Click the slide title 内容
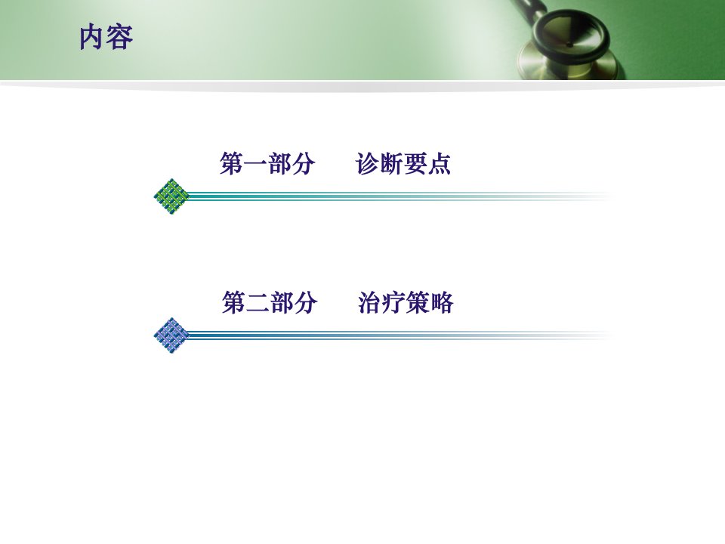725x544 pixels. (x=106, y=38)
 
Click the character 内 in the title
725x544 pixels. (x=92, y=38)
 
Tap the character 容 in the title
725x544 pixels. (x=120, y=38)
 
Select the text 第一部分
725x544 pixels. (x=267, y=163)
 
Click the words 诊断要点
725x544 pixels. (x=403, y=163)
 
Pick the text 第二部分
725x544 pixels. (x=270, y=302)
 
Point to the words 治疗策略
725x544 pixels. (x=406, y=302)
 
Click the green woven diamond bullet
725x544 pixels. (x=171, y=196)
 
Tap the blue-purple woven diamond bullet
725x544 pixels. (x=171, y=335)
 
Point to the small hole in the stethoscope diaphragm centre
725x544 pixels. (x=569, y=45)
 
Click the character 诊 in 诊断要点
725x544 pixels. (x=368, y=163)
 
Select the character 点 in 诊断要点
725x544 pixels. (x=440, y=163)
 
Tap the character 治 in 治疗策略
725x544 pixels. (x=370, y=302)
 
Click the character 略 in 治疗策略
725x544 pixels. (x=442, y=302)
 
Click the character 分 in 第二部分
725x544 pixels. (x=306, y=302)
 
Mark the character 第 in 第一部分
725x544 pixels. (x=232, y=163)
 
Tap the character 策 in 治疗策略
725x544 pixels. (x=418, y=302)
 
